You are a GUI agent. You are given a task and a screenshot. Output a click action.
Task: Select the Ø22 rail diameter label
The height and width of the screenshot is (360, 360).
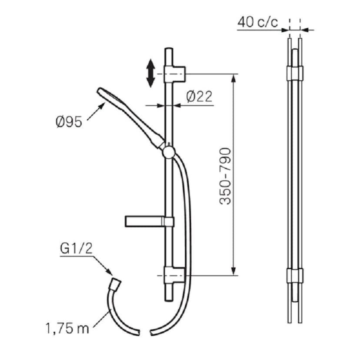point(200,97)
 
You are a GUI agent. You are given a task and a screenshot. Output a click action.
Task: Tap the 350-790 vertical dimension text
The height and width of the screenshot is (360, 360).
point(225,176)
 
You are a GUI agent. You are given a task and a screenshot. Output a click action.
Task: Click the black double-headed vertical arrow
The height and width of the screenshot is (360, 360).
point(150,73)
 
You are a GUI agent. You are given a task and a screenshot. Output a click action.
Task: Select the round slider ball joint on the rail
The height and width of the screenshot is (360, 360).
point(168,152)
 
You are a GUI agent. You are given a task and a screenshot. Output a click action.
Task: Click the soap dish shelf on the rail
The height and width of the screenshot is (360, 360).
point(148,221)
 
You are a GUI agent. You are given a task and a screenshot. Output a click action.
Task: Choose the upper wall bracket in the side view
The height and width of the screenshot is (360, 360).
point(294,73)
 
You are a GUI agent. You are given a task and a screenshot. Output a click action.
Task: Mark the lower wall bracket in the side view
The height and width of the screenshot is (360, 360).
point(294,276)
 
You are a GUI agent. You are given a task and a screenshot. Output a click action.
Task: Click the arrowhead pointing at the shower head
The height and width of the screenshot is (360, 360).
point(103,105)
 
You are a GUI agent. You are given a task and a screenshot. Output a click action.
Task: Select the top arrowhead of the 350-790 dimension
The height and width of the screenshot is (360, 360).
point(234,78)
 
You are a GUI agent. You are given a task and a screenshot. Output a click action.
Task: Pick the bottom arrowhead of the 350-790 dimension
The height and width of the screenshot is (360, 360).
point(234,271)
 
